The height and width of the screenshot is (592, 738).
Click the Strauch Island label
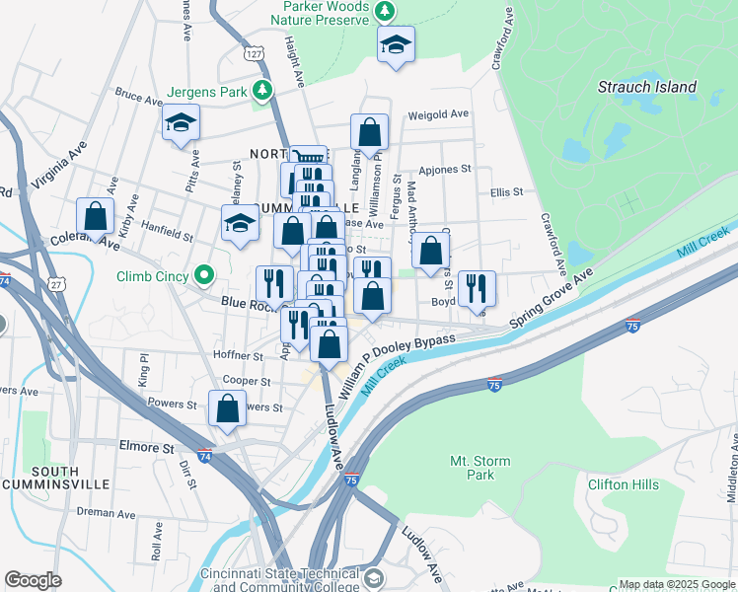pos(647,87)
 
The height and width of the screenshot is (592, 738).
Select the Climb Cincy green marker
pos(204,274)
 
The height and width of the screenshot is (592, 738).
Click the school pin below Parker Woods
pos(396,45)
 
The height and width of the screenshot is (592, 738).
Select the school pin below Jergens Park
pos(181,123)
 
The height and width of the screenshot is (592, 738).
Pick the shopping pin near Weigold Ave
pos(369,132)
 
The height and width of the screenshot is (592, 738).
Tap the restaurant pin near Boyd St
pos(477,288)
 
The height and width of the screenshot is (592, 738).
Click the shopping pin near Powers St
pos(227,408)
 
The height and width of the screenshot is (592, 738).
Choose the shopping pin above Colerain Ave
pos(96,216)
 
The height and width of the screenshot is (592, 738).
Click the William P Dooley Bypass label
pos(399,364)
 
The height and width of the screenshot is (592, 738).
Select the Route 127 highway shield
pos(256,53)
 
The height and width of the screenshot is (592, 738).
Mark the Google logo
pos(33,580)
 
